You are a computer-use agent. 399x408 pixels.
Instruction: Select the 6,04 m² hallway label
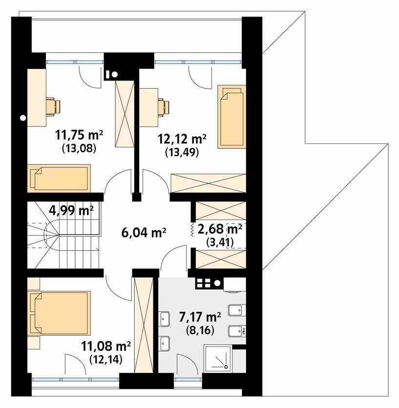144,232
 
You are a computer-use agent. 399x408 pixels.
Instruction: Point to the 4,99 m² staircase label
71,211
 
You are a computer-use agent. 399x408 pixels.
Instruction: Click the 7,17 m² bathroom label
200,318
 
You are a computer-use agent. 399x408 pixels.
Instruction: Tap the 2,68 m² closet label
220,228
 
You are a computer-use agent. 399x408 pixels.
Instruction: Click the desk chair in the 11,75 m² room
52,106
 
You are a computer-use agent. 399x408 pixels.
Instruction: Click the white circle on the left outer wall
23,118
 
